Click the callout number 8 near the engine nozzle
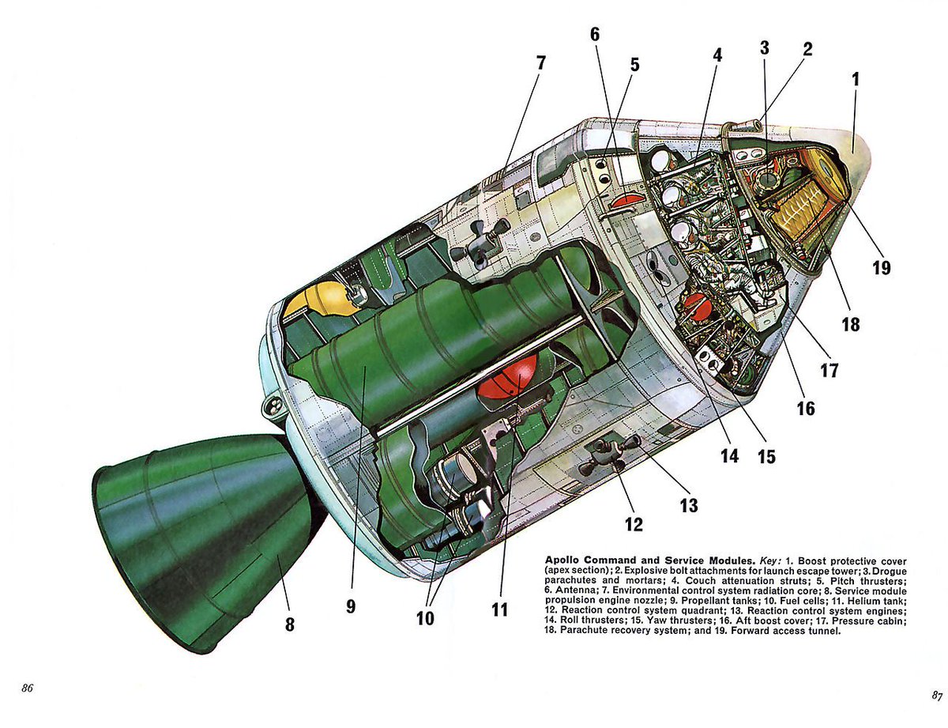(x=290, y=624)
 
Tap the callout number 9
(x=351, y=607)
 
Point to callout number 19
(x=882, y=268)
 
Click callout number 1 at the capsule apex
(x=855, y=79)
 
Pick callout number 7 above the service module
(x=540, y=63)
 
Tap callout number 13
(x=689, y=505)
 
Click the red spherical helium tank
(x=507, y=378)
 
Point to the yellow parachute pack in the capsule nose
(x=806, y=207)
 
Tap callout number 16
(x=805, y=409)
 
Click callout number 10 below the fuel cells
(x=426, y=618)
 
